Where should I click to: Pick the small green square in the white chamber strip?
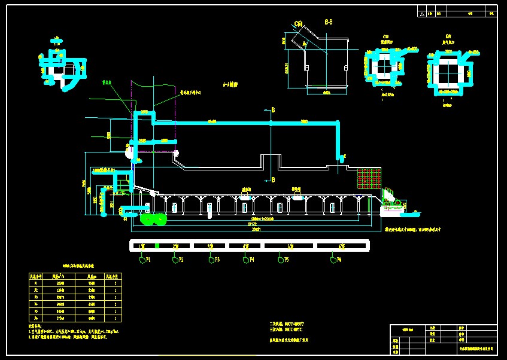(157, 246)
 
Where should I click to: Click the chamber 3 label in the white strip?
(211, 246)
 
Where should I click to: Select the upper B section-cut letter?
(273, 111)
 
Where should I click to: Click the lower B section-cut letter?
(273, 179)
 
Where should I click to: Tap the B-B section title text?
(329, 22)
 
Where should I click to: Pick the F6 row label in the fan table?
(35, 319)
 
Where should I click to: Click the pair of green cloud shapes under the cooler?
(153, 219)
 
